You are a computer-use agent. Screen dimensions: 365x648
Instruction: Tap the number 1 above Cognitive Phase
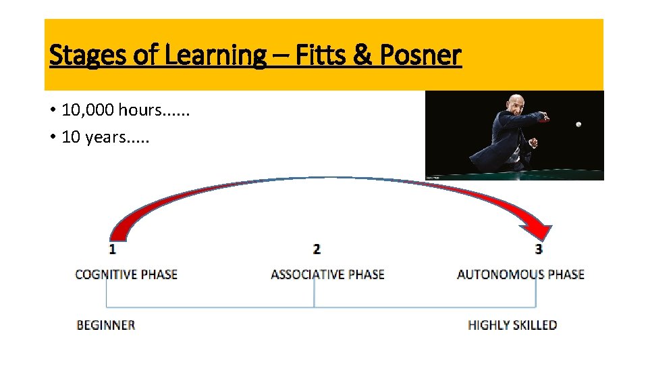(112, 249)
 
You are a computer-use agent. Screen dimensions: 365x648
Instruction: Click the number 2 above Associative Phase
(317, 249)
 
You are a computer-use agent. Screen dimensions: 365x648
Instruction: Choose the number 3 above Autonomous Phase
(539, 249)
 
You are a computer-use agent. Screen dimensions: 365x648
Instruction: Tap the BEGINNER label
(106, 325)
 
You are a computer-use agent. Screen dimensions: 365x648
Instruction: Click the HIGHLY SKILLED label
(512, 325)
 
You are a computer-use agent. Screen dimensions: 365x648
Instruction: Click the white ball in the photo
(578, 124)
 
